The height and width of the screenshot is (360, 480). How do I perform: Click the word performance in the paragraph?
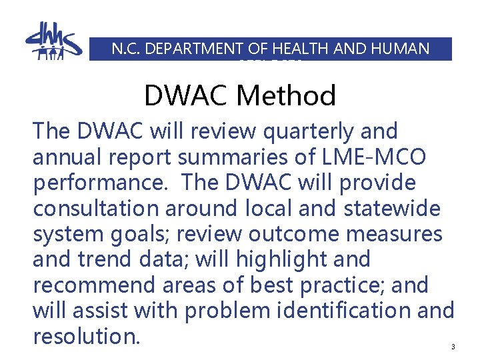pyautogui.click(x=99, y=183)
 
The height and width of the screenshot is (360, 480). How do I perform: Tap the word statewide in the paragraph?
pyautogui.click(x=381, y=208)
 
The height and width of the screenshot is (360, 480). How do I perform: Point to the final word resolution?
pyautogui.click(x=86, y=336)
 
